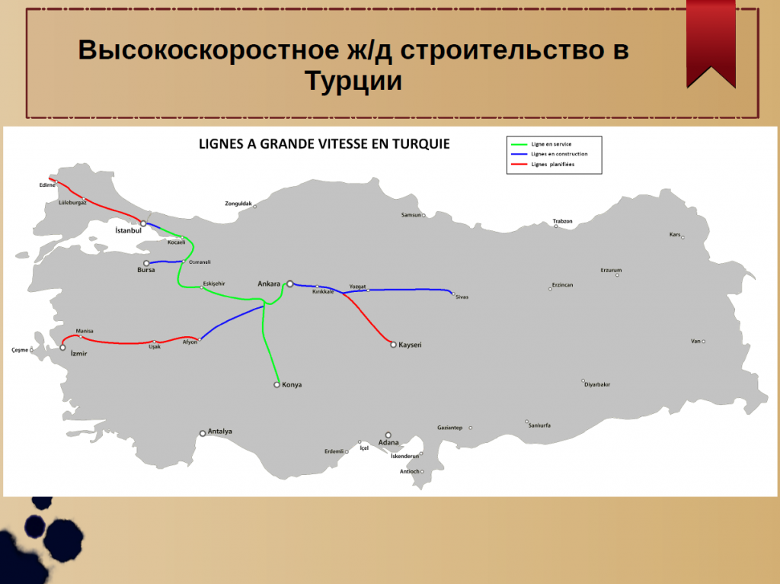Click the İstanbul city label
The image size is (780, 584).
coord(128,230)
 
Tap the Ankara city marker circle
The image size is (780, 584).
coord(290,284)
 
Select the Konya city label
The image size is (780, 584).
coord(292,385)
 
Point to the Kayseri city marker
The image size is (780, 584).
coord(393,345)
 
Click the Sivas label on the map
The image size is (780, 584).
coord(462,297)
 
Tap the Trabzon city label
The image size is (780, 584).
coord(563,221)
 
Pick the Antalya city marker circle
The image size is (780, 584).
coord(203,434)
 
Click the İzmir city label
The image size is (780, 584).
coord(78,354)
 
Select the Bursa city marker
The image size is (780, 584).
coord(146,263)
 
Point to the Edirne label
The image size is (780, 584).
coord(47,185)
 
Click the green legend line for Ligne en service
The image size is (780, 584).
coord(519,144)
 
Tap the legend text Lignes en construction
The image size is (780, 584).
coord(559,154)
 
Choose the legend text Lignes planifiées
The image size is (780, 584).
coord(553,164)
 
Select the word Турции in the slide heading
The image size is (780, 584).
coord(353,81)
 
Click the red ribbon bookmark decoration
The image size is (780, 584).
coord(711,43)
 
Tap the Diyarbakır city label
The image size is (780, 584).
coord(597,385)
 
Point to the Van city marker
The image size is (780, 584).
coord(703,342)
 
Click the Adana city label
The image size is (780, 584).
coord(388,443)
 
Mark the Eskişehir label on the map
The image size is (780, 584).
coord(214,284)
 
